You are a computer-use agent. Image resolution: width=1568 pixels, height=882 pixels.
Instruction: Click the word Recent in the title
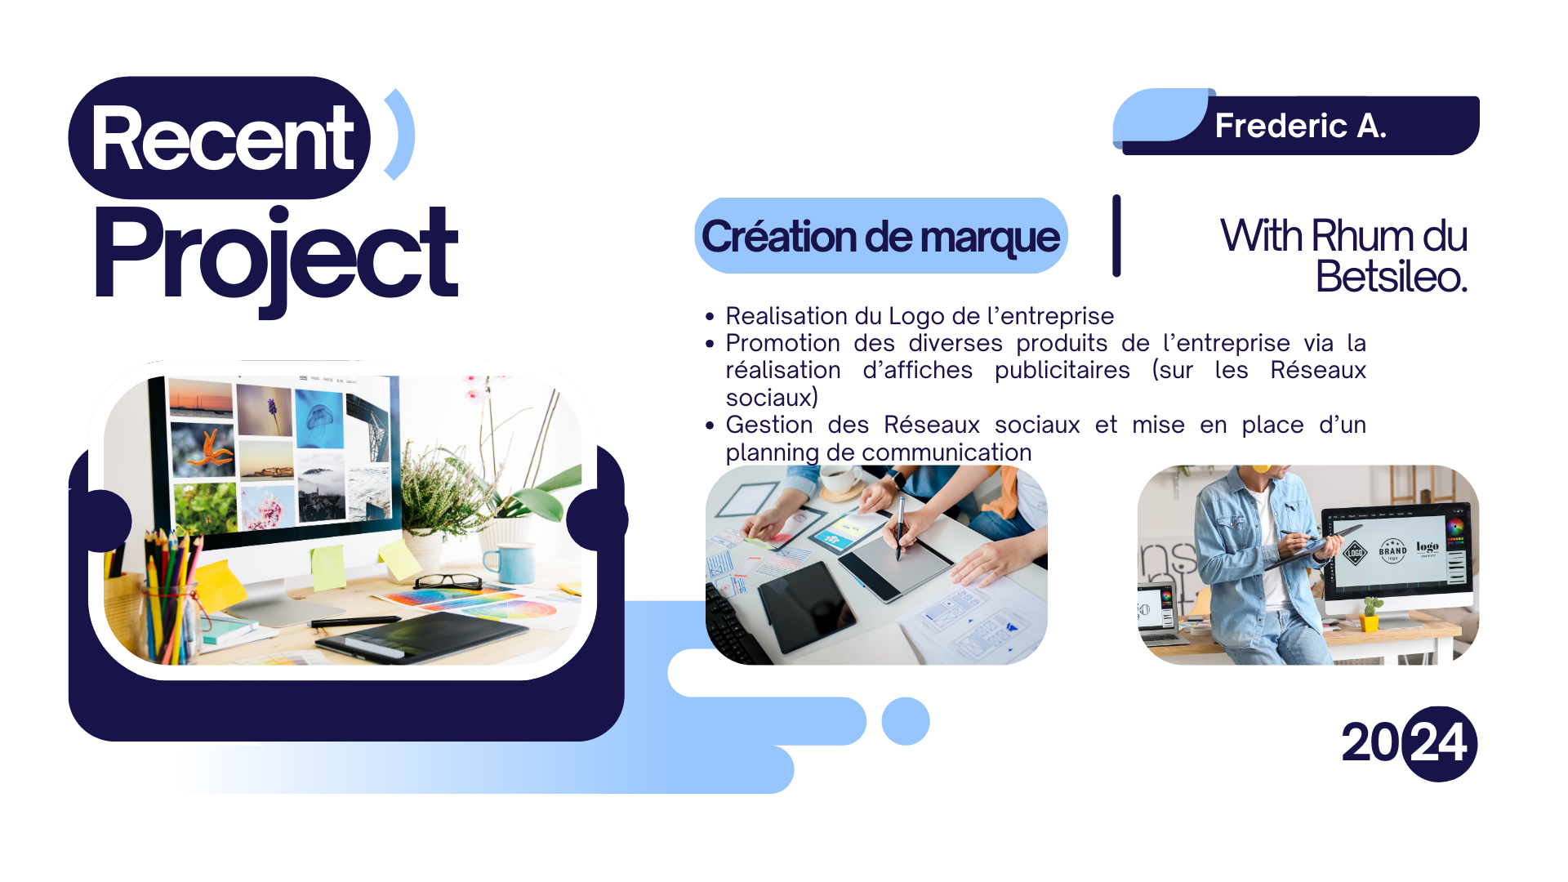(x=222, y=138)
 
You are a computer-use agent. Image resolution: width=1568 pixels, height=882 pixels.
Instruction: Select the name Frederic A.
(x=1300, y=126)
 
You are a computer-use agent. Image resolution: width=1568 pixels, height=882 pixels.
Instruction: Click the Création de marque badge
(x=881, y=236)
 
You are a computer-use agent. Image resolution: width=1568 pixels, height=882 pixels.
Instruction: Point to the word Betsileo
(x=1392, y=276)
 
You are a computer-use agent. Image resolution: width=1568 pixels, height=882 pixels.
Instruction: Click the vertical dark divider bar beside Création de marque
(x=1116, y=236)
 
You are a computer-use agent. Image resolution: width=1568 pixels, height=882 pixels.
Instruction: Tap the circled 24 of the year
(x=1439, y=744)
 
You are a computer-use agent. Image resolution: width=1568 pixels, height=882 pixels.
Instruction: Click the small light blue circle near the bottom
(x=906, y=721)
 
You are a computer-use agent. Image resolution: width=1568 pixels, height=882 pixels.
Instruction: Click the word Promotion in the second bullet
(x=782, y=344)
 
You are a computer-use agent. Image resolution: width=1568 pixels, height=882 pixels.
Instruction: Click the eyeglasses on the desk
(x=448, y=581)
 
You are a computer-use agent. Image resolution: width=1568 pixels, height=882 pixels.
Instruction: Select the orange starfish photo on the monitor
(x=204, y=449)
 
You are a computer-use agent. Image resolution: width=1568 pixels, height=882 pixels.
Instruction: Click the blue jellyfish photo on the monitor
(x=319, y=418)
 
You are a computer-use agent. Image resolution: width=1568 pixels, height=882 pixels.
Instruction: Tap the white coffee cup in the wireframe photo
(x=841, y=480)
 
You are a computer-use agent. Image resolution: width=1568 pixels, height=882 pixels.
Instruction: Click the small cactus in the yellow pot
(x=1370, y=613)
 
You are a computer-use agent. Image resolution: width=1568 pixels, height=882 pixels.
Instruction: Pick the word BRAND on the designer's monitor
(x=1392, y=550)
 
